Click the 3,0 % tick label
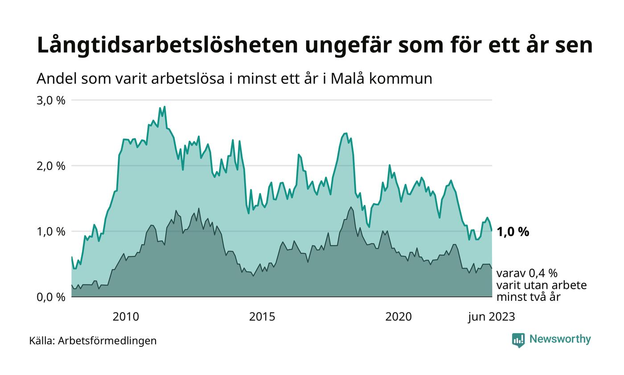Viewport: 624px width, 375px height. point(50,100)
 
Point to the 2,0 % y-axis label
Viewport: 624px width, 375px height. point(50,166)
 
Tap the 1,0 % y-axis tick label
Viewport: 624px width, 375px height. point(50,231)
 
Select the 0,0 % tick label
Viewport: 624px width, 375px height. point(50,297)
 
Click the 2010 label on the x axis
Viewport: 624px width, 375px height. point(126,317)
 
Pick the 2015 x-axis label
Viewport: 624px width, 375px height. point(262,317)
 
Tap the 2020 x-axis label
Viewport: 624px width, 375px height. point(398,317)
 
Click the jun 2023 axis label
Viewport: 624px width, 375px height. point(491,317)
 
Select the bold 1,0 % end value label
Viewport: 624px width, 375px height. point(513,232)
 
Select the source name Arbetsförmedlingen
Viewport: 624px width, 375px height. point(107,341)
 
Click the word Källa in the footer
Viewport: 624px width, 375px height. point(41,341)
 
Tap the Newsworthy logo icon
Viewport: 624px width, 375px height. point(518,340)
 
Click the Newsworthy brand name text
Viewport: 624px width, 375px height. point(560,339)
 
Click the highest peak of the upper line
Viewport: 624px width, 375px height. point(164,107)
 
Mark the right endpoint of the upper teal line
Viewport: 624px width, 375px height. point(492,231)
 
